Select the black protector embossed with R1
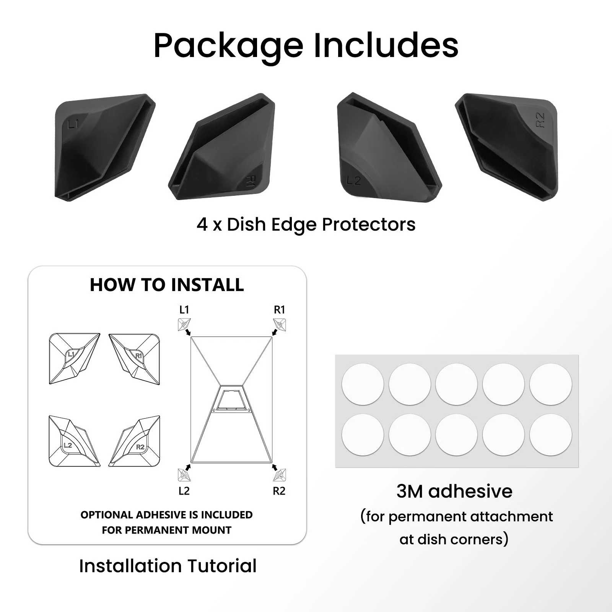[x=222, y=147]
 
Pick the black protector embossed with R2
[x=507, y=147]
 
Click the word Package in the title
[x=228, y=46]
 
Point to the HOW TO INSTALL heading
[x=167, y=285]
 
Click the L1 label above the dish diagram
[x=184, y=310]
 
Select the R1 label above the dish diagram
[x=280, y=310]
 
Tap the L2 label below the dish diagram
[x=184, y=491]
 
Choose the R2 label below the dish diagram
[x=279, y=491]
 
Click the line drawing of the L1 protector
[x=75, y=359]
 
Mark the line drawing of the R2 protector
[x=134, y=441]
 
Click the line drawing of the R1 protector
[x=134, y=359]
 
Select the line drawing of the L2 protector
[x=75, y=441]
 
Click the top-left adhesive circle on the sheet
[x=363, y=384]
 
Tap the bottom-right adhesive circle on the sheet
[x=551, y=435]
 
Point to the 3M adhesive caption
[x=454, y=492]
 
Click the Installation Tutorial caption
[x=168, y=566]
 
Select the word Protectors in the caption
[x=369, y=225]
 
